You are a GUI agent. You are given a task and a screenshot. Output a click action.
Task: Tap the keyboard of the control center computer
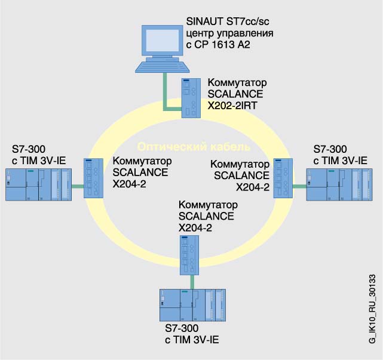160,67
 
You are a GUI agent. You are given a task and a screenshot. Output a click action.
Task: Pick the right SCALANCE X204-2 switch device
281,179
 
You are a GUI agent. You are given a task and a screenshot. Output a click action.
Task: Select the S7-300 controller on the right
338,185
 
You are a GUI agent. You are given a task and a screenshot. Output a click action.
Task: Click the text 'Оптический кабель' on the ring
194,147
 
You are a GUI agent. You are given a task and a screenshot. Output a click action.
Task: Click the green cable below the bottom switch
192,281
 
